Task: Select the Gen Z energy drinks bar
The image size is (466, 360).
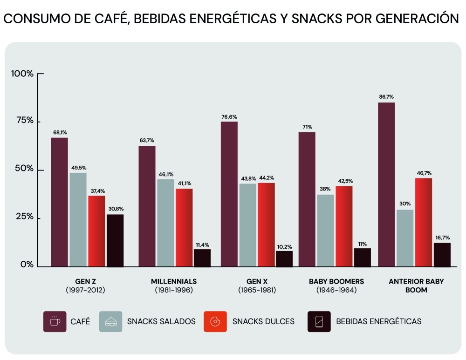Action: coord(115,240)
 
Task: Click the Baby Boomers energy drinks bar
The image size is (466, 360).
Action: coord(362,257)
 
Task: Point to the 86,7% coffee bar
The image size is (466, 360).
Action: coord(386,184)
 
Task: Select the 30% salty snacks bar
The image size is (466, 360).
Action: coord(405,238)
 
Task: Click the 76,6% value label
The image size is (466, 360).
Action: coord(229,117)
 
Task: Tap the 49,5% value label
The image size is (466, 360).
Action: coord(78,168)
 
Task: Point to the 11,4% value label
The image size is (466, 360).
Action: coord(202,244)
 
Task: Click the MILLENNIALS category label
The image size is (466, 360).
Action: coord(174,281)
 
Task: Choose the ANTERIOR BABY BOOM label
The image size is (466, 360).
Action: coord(410,285)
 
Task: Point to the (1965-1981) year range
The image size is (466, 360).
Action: coord(257,290)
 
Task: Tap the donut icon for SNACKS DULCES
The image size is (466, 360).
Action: coord(215,321)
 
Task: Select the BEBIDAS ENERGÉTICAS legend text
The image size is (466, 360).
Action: coord(378,321)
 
